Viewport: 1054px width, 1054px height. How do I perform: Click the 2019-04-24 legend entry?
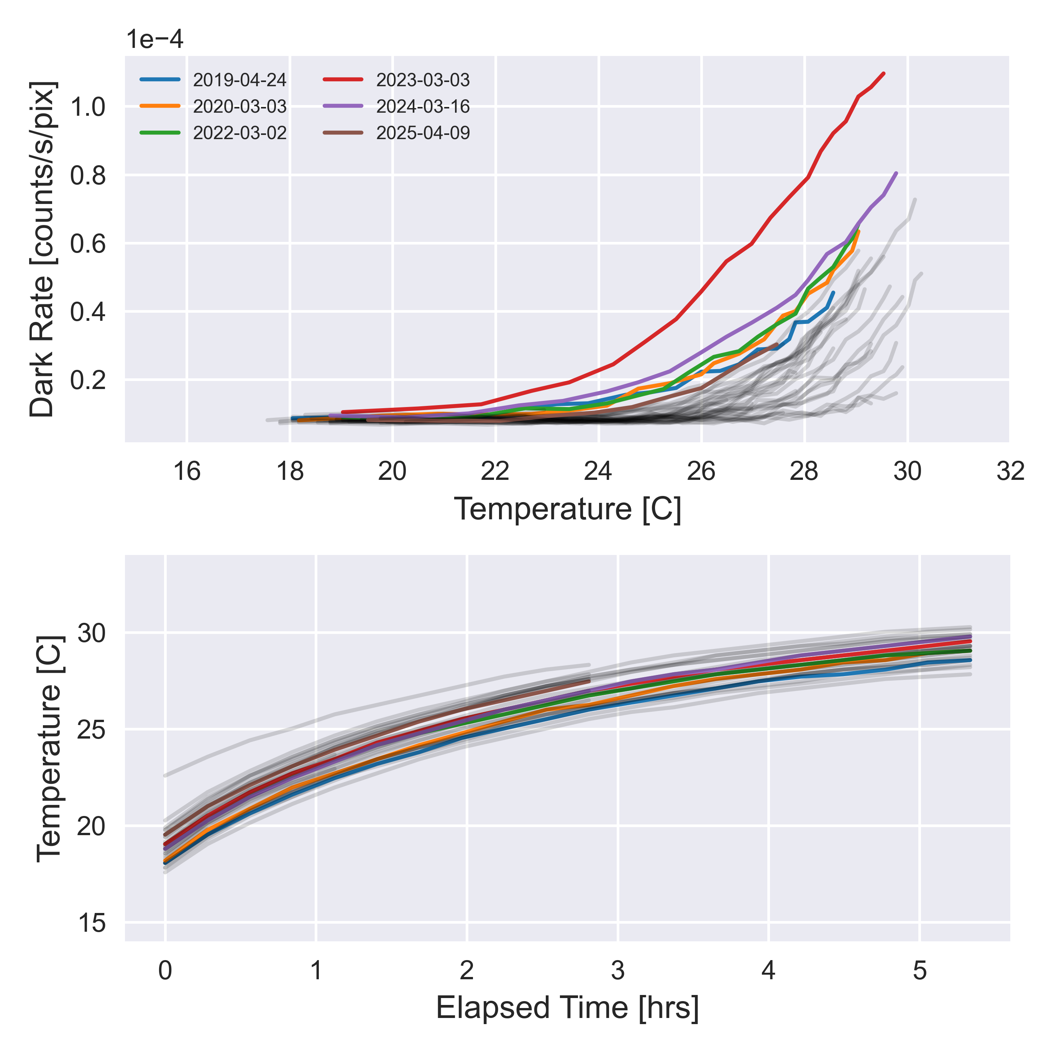(240, 80)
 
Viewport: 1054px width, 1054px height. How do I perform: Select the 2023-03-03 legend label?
(423, 80)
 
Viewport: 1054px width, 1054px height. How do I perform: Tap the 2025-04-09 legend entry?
(423, 133)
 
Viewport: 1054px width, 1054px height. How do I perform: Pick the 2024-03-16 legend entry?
(423, 107)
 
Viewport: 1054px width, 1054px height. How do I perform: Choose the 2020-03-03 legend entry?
(240, 107)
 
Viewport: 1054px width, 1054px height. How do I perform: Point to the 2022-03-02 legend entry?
(240, 133)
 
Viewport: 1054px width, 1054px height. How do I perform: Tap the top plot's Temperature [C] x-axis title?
(567, 509)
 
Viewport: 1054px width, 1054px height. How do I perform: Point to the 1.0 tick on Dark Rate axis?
(88, 107)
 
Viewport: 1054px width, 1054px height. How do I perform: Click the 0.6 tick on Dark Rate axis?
(88, 244)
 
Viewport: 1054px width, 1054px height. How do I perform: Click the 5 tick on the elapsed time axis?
(920, 971)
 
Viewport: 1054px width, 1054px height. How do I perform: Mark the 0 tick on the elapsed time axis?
(165, 971)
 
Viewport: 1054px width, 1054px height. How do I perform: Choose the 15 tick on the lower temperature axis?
(92, 924)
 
